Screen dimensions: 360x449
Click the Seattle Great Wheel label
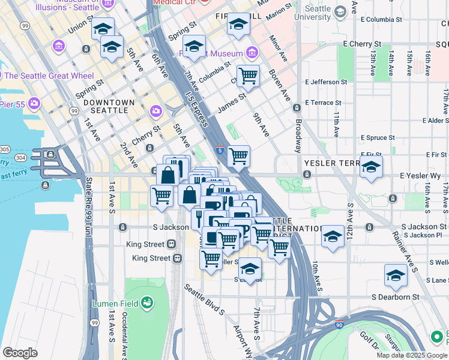(x=49, y=76)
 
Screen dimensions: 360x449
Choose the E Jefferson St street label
(x=326, y=82)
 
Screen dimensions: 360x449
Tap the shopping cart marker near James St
(x=248, y=76)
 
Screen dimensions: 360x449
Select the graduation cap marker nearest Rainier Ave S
(x=395, y=275)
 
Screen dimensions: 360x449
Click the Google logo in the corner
(x=20, y=353)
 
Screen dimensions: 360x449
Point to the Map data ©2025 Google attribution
(x=412, y=355)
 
